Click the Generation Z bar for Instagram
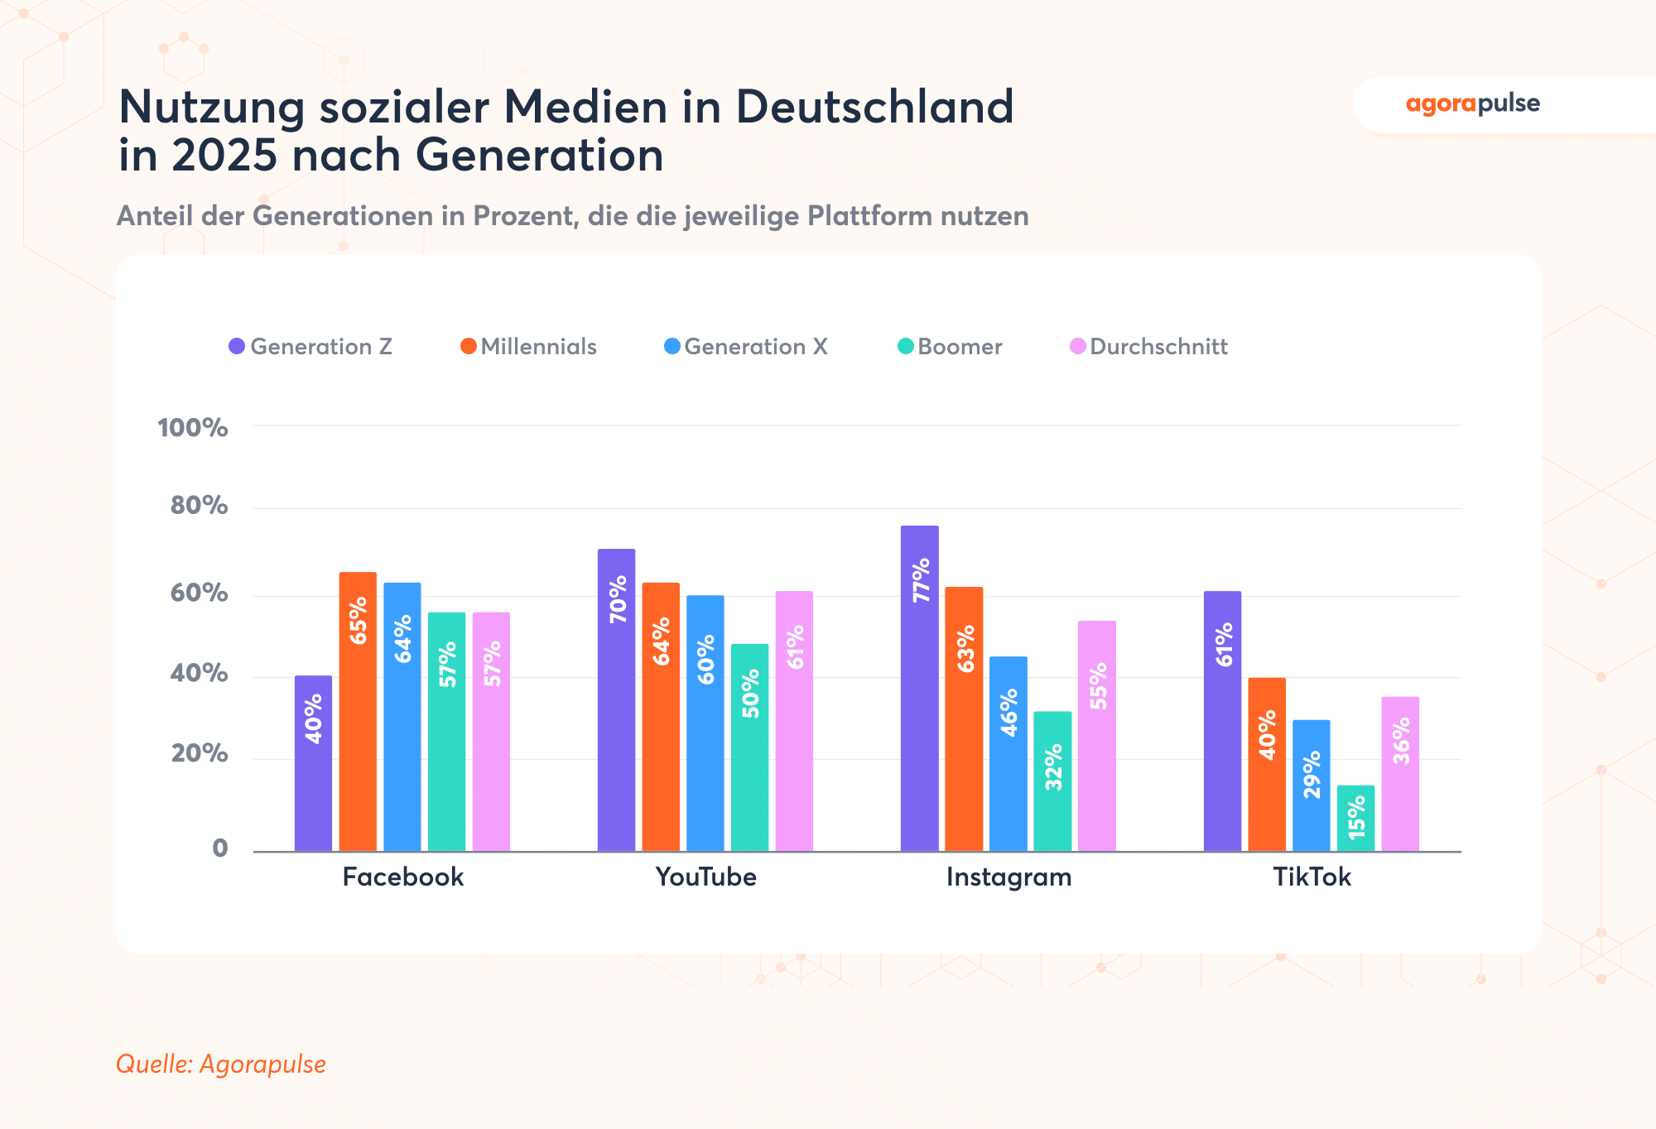[x=919, y=687]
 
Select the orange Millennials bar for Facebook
[x=358, y=712]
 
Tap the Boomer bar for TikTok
[x=1355, y=818]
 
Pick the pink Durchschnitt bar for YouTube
[x=794, y=720]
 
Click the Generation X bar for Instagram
[x=1008, y=753]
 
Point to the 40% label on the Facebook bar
[x=314, y=718]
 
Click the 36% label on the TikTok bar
[x=1401, y=740]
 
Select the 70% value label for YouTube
[x=618, y=599]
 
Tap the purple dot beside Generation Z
[x=237, y=347]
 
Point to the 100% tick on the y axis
[x=192, y=428]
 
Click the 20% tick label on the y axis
[x=199, y=753]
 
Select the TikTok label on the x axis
[x=1312, y=877]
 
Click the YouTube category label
[x=705, y=877]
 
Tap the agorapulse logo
[x=1472, y=104]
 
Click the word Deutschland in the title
[x=874, y=107]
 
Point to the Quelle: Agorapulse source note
[x=221, y=1064]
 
